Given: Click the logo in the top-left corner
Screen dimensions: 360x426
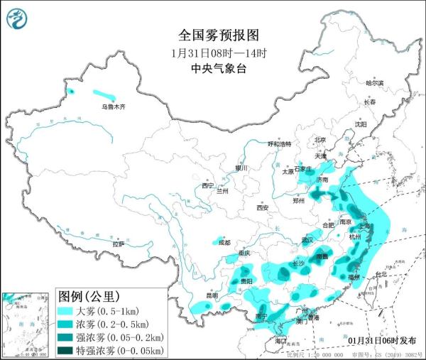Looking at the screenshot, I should tap(16, 18).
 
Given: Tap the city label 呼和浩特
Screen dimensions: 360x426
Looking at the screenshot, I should tap(279, 143).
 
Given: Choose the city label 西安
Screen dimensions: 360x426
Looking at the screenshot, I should tap(264, 207).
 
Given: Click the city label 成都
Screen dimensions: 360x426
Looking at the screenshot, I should tap(224, 242).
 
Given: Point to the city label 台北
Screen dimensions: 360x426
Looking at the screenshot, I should tap(381, 274).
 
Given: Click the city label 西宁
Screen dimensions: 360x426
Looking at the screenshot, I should tap(207, 185).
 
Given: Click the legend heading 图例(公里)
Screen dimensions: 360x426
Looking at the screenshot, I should tap(89, 296).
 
